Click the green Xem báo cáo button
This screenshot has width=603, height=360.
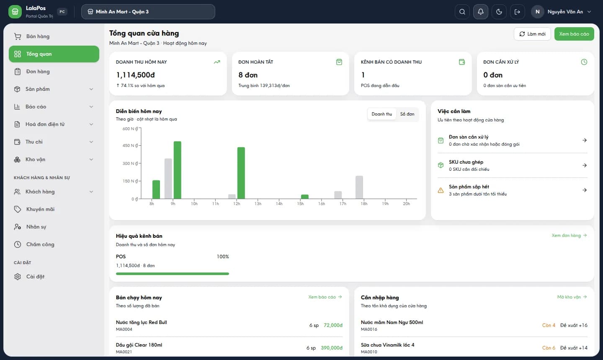574,34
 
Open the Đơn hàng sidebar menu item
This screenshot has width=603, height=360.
38,72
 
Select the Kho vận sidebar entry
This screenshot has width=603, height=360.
35,159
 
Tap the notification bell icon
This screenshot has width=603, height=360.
481,12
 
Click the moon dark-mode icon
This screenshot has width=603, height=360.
499,12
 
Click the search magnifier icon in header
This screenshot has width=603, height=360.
462,12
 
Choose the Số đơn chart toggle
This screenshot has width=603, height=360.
407,114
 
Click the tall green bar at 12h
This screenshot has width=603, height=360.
241,173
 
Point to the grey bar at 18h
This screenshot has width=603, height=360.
359,187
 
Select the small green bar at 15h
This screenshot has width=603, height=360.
305,197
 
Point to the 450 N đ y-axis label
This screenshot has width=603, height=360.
130,146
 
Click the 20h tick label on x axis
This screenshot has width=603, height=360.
406,204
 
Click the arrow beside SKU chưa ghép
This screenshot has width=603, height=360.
585,165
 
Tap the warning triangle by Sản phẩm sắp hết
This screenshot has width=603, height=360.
441,190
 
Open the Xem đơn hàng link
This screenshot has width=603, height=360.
569,235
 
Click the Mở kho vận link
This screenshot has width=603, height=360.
572,297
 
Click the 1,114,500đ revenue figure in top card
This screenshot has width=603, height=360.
135,75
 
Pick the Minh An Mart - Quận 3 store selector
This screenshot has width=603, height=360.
148,12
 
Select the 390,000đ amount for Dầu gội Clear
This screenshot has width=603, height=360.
332,348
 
